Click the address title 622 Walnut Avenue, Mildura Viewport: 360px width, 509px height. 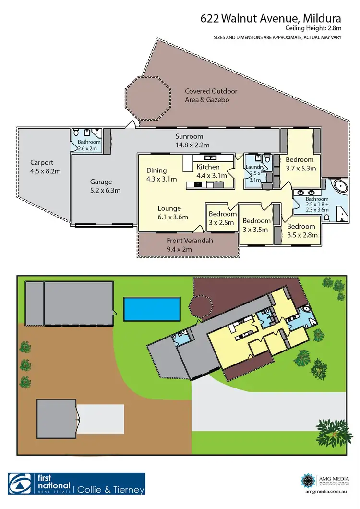[271, 19]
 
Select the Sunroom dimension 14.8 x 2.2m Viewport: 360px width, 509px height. [192, 145]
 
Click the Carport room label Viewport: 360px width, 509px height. [42, 163]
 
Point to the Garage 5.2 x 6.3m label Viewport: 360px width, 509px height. [101, 186]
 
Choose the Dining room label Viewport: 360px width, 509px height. [156, 170]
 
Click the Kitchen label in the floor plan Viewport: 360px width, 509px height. [208, 167]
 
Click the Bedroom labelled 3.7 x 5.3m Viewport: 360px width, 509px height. [300, 164]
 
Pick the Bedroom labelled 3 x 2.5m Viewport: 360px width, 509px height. [222, 218]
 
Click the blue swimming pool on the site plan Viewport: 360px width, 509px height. [152, 309]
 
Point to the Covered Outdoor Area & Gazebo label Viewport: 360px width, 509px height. [211, 95]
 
